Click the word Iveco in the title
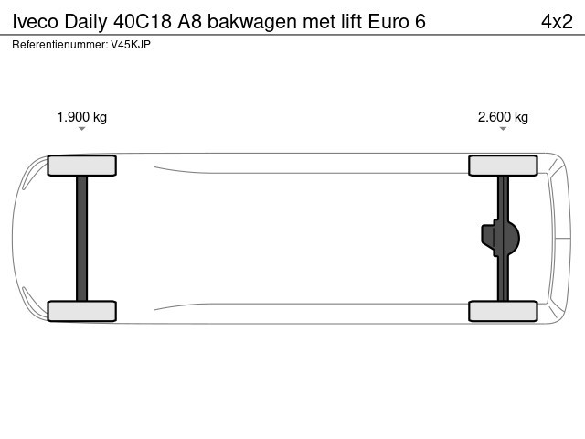point(36,22)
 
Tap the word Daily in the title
point(86,22)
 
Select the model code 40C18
point(143,22)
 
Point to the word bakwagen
point(252,22)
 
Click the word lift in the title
point(351,21)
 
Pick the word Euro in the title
point(388,22)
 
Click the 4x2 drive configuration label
point(557,22)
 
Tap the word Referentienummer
point(60,45)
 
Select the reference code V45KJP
point(131,45)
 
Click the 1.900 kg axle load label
point(81,117)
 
